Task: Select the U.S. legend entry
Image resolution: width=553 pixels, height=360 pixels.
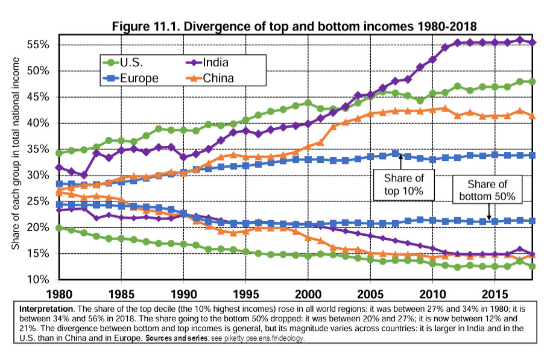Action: coord(131,62)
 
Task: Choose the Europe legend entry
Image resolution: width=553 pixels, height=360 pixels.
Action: coord(139,78)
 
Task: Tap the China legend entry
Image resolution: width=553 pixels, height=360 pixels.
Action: coord(218,78)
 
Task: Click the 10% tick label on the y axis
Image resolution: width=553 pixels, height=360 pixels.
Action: coord(37,280)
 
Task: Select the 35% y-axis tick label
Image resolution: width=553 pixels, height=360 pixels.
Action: coord(37,150)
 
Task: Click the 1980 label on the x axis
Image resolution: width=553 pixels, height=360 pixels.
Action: coord(58,294)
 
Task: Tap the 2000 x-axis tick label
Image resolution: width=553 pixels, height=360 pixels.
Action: coord(308,294)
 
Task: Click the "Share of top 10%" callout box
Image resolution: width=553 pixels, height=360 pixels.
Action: coord(405,185)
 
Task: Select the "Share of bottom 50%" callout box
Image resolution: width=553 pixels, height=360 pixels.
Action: coord(488,190)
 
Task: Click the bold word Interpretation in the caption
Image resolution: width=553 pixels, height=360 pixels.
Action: coord(40,308)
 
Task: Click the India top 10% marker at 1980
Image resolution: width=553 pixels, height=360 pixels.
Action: coord(58,167)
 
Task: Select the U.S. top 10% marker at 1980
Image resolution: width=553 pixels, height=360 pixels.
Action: coord(58,153)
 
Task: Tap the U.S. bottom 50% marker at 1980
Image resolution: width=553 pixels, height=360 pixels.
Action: coord(58,228)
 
